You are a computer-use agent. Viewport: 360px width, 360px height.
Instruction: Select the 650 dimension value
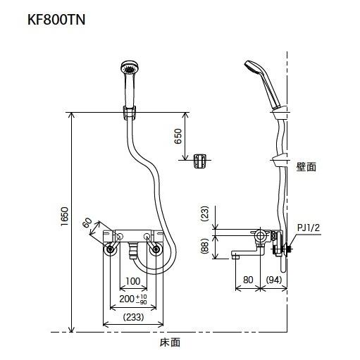pyautogui.click(x=178, y=135)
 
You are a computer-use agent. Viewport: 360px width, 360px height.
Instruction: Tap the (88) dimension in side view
pyautogui.click(x=206, y=244)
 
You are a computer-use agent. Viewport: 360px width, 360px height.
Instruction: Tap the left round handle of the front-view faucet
pyautogui.click(x=110, y=249)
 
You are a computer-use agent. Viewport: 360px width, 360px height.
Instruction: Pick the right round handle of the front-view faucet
pyautogui.click(x=154, y=249)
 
